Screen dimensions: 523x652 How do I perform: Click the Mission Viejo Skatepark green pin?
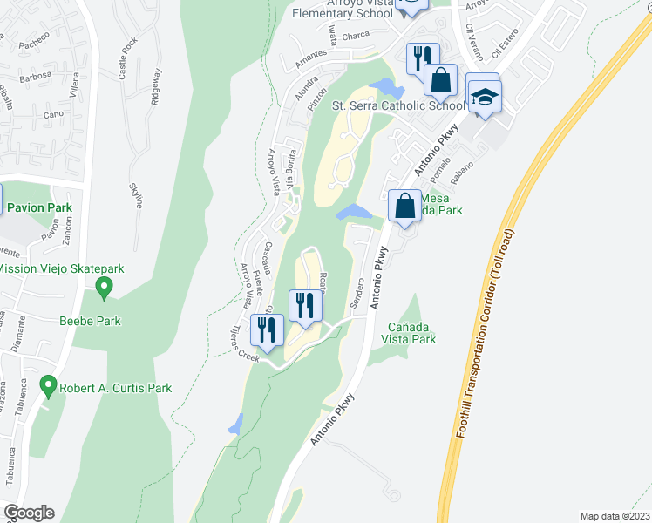[104, 285]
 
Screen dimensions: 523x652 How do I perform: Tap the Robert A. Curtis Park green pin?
[50, 384]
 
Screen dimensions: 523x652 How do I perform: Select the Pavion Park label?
[40, 208]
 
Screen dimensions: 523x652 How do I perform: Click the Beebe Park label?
[90, 321]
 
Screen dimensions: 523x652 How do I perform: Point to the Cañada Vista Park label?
[410, 333]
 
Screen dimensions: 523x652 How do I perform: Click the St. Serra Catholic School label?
[399, 106]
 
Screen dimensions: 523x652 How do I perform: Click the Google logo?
[29, 513]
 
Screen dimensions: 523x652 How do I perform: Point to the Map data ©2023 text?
[614, 515]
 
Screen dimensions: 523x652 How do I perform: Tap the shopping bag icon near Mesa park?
[404, 207]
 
